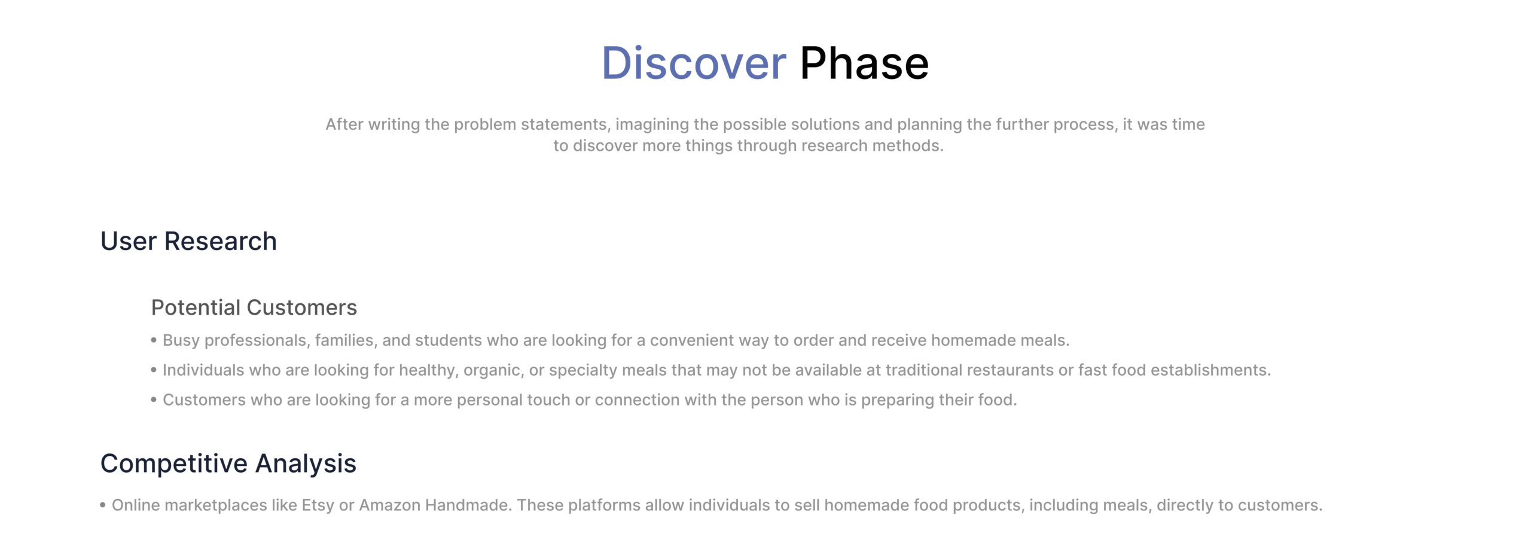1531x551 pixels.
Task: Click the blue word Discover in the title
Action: point(694,63)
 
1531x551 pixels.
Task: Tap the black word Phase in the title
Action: point(864,63)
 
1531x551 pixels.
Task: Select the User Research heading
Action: point(188,241)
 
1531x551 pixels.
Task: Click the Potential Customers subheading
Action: point(254,308)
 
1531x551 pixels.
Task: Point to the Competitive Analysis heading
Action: point(228,464)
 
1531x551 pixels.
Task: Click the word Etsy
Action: point(318,506)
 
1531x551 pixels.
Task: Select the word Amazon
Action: point(389,506)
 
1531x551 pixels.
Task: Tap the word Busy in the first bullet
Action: point(181,340)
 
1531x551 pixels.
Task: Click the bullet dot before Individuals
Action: point(154,370)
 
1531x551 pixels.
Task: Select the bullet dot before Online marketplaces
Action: point(103,506)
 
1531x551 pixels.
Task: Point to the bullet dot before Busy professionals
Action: point(154,340)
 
